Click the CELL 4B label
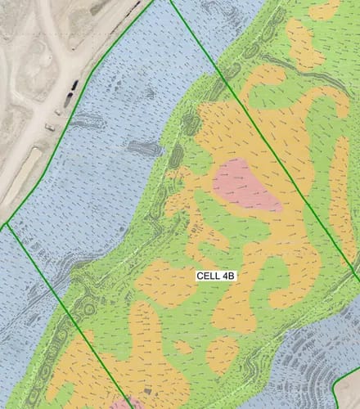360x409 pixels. point(217,276)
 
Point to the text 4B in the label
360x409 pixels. point(229,276)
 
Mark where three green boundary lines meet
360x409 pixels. point(7,222)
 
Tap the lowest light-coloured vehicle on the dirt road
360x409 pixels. point(49,127)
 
